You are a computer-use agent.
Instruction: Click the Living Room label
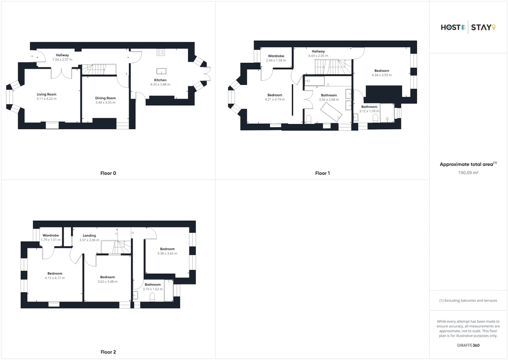tap(47, 94)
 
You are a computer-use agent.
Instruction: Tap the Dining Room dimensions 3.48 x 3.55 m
tap(106, 103)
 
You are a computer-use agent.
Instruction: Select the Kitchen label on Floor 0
tap(160, 80)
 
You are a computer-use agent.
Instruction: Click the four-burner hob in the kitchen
tap(161, 52)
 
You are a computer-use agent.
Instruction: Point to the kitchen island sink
tap(161, 71)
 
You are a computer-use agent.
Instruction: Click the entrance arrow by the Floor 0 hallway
tap(32, 56)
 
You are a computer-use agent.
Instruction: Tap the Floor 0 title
tap(108, 173)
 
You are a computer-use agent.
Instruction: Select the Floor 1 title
tap(322, 173)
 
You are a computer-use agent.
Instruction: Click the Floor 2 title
tap(108, 352)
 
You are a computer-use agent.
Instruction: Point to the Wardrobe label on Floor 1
tap(276, 56)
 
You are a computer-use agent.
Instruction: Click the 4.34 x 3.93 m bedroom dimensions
tap(382, 75)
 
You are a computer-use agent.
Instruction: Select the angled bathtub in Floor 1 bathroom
tap(331, 112)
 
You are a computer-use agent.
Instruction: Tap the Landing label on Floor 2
tap(89, 235)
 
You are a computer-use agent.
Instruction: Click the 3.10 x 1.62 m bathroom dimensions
tap(153, 289)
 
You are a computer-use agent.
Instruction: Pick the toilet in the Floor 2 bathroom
tap(152, 297)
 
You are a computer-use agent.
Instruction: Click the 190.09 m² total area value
tap(468, 173)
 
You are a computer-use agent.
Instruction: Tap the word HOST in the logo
tap(450, 28)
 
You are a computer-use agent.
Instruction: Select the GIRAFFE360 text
tap(468, 345)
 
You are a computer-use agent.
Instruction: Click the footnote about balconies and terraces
tap(468, 301)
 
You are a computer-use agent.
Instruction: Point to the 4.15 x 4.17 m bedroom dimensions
tap(55, 278)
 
